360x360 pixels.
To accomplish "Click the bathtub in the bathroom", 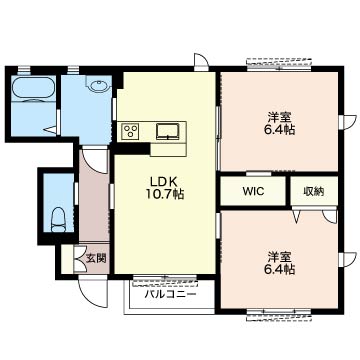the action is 33,88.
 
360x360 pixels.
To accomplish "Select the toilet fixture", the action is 59,219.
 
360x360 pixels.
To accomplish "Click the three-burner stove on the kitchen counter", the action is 130,132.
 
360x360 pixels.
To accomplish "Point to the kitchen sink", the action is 169,131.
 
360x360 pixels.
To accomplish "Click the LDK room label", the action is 165,181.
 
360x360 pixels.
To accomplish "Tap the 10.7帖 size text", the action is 165,194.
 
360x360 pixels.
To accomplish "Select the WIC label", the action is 253,191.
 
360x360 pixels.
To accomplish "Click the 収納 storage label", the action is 314,191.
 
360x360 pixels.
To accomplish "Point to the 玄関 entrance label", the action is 96,258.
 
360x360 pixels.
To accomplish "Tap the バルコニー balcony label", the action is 170,294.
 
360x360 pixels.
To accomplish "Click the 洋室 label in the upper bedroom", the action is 280,117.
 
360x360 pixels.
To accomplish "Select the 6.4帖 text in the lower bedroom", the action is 280,269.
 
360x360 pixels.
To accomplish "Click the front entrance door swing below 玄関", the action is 93,293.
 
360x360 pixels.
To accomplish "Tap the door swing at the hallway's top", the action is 96,161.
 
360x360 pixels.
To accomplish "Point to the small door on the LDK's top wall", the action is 202,61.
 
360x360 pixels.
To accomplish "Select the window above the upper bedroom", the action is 280,64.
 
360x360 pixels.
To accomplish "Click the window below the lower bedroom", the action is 279,315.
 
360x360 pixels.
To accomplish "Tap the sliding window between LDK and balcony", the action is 165,280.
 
